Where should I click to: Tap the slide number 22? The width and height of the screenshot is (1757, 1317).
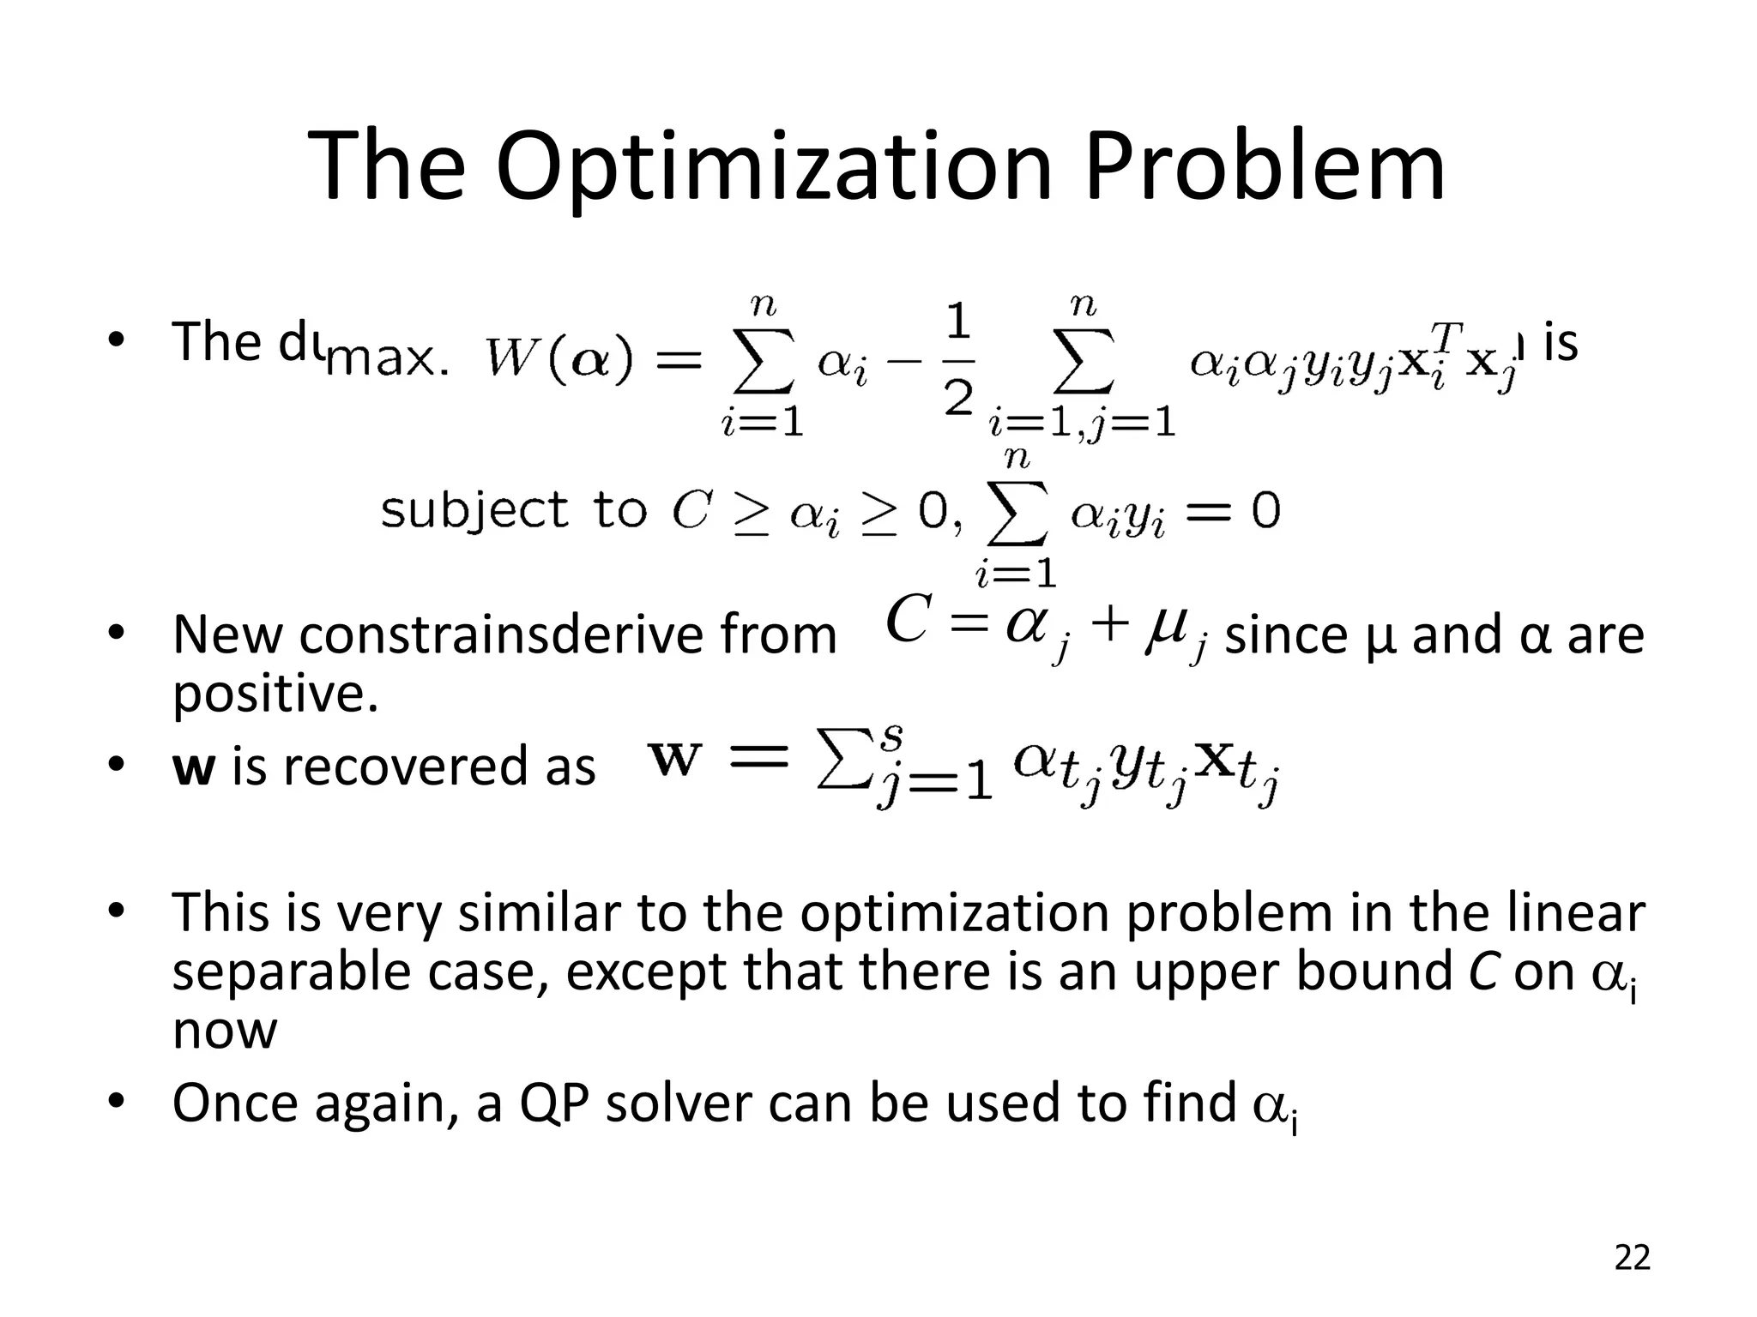(x=1632, y=1257)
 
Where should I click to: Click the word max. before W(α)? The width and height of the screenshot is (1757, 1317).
(x=388, y=359)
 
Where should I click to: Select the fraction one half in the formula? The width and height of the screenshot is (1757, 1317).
(x=957, y=360)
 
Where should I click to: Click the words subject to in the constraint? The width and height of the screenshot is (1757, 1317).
(x=512, y=510)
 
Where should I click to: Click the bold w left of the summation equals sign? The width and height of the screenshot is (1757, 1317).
(x=674, y=759)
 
